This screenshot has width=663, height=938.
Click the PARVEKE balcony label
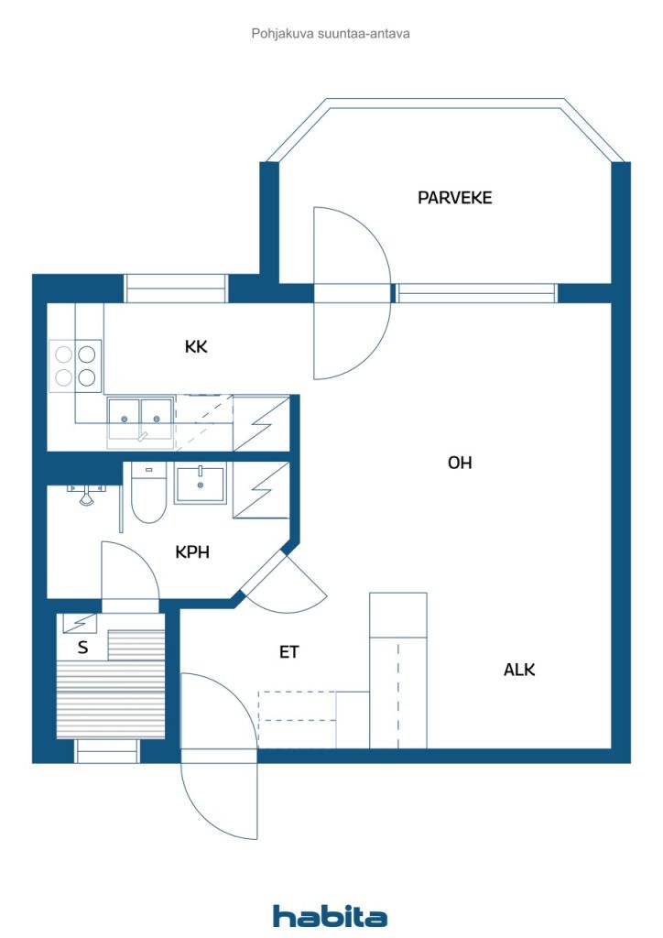click(454, 198)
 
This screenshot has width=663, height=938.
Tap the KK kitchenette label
click(196, 346)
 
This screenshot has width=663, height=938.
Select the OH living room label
click(460, 463)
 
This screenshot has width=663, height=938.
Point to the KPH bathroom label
click(192, 551)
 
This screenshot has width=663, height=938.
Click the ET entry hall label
click(288, 651)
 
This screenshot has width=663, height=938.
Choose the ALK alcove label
click(519, 670)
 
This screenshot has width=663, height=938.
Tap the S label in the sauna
click(83, 647)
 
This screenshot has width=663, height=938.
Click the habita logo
click(330, 915)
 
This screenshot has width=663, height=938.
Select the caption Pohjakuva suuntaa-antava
click(331, 34)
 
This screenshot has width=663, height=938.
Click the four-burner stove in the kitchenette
click(75, 365)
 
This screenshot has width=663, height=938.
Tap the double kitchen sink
click(140, 419)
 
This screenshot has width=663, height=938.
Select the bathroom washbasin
click(201, 484)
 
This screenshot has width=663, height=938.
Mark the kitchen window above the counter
click(176, 289)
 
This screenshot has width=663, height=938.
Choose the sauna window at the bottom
click(107, 751)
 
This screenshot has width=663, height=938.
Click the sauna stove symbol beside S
click(80, 623)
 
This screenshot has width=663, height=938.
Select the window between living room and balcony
click(476, 293)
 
